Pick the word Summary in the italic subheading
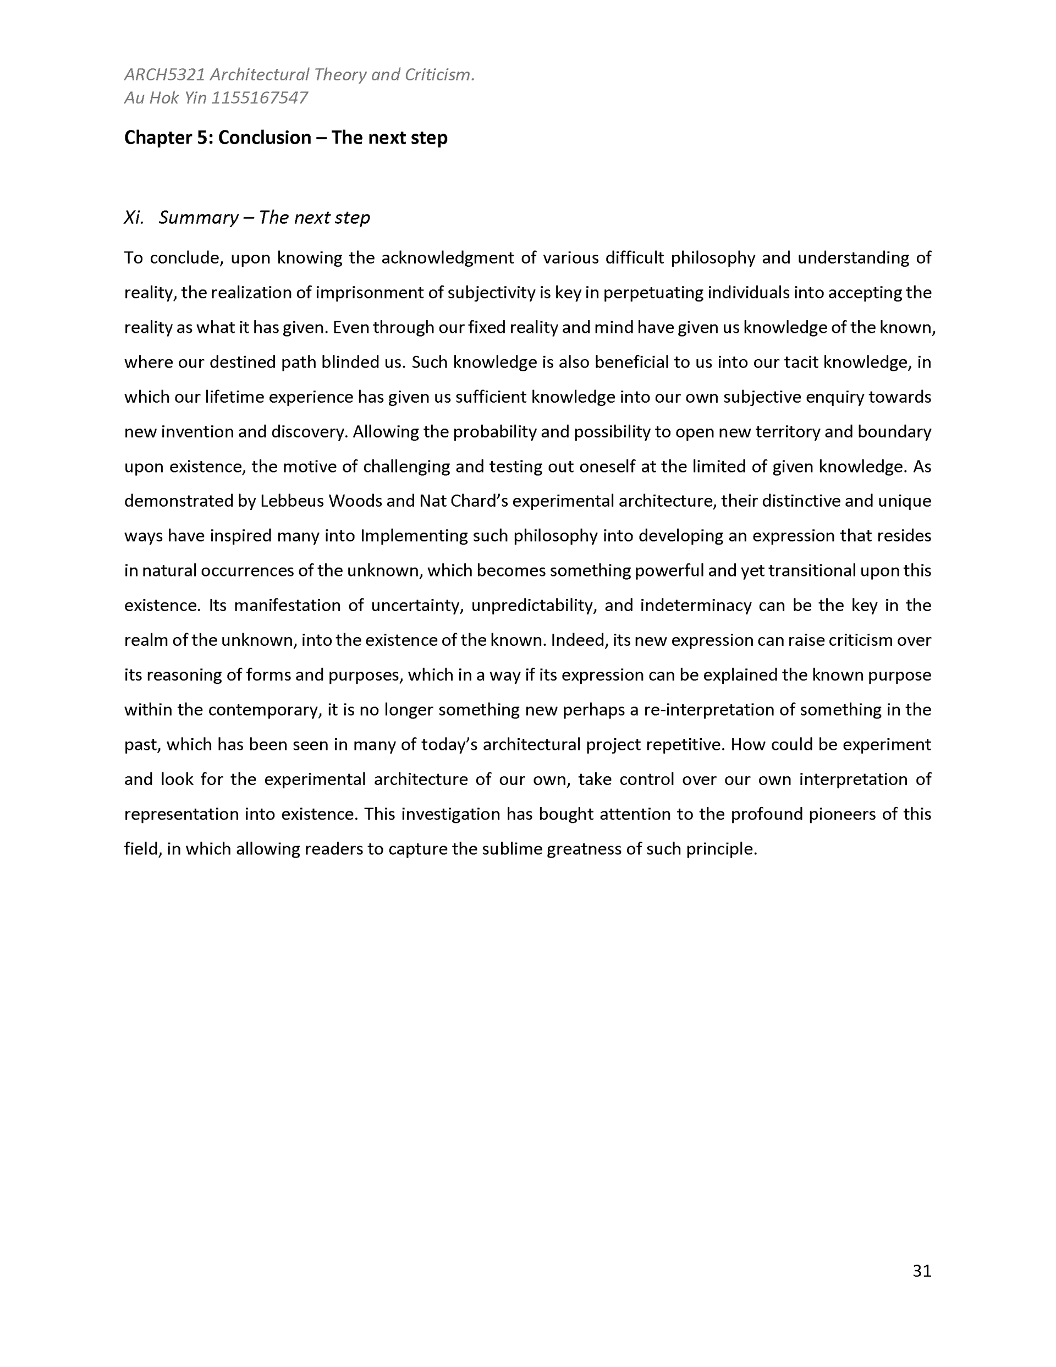tap(199, 218)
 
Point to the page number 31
tap(921, 1271)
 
